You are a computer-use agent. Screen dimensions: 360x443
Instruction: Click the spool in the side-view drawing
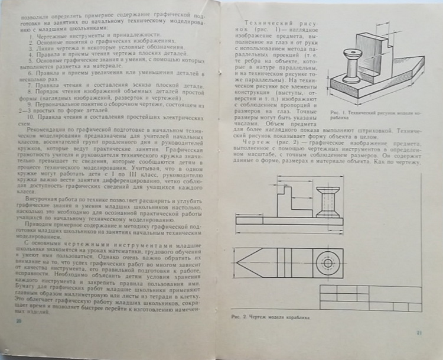[x=327, y=201]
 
